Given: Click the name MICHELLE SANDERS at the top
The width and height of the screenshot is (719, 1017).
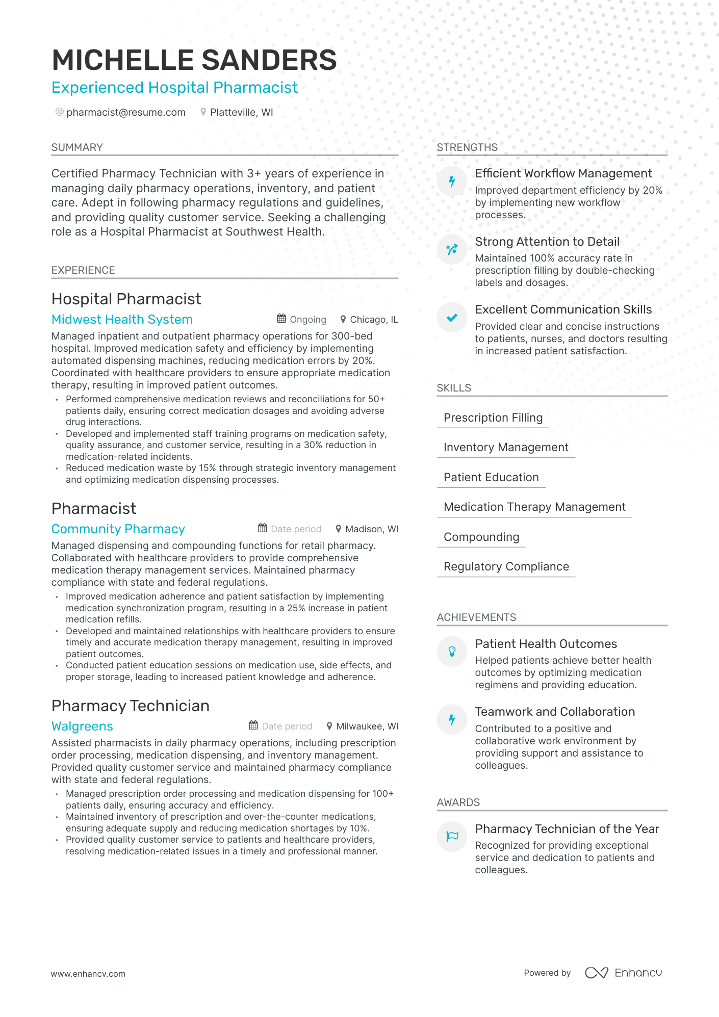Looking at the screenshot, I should (x=194, y=60).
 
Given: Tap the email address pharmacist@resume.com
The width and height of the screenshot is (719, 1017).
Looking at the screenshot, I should (x=125, y=112).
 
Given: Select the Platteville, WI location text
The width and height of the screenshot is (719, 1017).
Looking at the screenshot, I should (x=241, y=112).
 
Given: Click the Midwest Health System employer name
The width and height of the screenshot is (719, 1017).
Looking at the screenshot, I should (x=122, y=320).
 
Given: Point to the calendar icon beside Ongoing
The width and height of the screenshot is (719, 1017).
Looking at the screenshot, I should (x=281, y=319).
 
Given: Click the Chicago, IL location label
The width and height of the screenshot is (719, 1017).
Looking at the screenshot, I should (x=373, y=320).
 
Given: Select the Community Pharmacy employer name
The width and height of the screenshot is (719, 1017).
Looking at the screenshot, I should (x=118, y=529).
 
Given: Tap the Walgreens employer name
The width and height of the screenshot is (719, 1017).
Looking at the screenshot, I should (x=82, y=726).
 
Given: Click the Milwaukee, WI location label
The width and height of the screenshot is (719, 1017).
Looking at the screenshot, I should (x=367, y=726).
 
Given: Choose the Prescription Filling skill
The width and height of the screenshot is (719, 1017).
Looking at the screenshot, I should (x=493, y=418).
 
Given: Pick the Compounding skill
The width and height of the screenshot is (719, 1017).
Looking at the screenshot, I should (x=481, y=537).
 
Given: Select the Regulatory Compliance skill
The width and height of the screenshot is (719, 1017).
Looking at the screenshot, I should (x=506, y=566).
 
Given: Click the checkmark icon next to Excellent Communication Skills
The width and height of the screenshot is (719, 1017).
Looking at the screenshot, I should (x=452, y=318).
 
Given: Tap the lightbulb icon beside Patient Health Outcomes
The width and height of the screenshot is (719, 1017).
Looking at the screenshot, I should (x=452, y=651).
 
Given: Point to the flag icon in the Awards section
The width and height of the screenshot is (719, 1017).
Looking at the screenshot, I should (x=452, y=837).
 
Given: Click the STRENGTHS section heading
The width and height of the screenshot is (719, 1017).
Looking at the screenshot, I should (x=467, y=147).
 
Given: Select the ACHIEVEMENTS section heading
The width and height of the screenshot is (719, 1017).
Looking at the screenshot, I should (x=476, y=617).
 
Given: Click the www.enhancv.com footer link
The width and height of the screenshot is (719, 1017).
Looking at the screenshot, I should (x=88, y=974).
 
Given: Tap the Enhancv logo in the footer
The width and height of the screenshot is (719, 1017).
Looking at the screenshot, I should (x=623, y=973).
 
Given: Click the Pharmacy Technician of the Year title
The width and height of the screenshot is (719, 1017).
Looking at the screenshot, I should (x=567, y=829).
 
